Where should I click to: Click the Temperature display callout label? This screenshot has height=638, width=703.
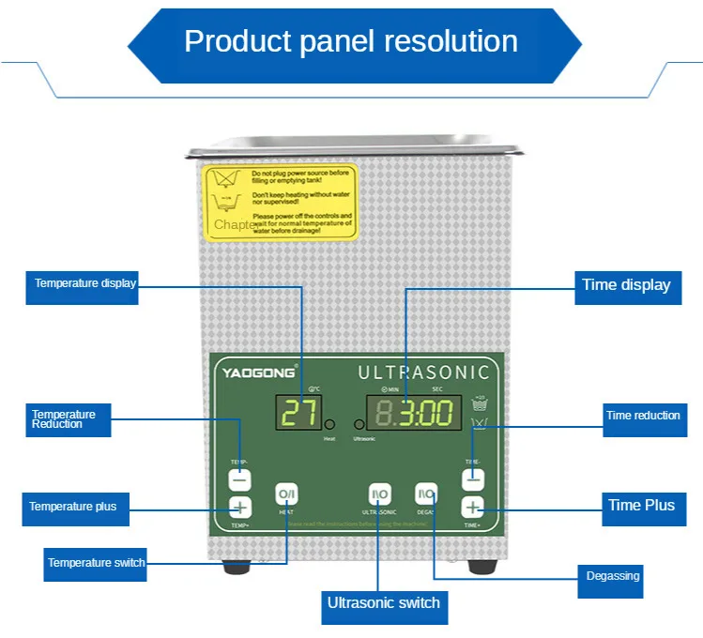coord(83,283)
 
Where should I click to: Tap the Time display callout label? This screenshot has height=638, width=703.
coord(626,284)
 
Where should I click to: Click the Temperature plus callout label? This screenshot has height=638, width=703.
coord(73,507)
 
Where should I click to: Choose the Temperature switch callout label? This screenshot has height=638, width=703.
coord(96,562)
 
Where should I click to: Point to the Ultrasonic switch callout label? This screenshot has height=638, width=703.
coord(383,603)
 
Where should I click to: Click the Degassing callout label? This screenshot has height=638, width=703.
coord(613,576)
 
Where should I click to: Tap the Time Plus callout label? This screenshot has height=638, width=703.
coord(641,506)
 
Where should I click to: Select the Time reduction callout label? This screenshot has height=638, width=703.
coord(643,416)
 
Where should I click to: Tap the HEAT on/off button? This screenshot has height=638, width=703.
coord(286,494)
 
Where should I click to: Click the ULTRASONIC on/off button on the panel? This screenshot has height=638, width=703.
coord(379,494)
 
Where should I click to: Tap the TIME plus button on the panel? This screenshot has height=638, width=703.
coord(472,508)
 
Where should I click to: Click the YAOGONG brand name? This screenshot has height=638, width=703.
coord(258,372)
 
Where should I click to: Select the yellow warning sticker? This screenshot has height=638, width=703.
coord(281,202)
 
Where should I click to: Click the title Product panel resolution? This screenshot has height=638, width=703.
coord(351,41)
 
